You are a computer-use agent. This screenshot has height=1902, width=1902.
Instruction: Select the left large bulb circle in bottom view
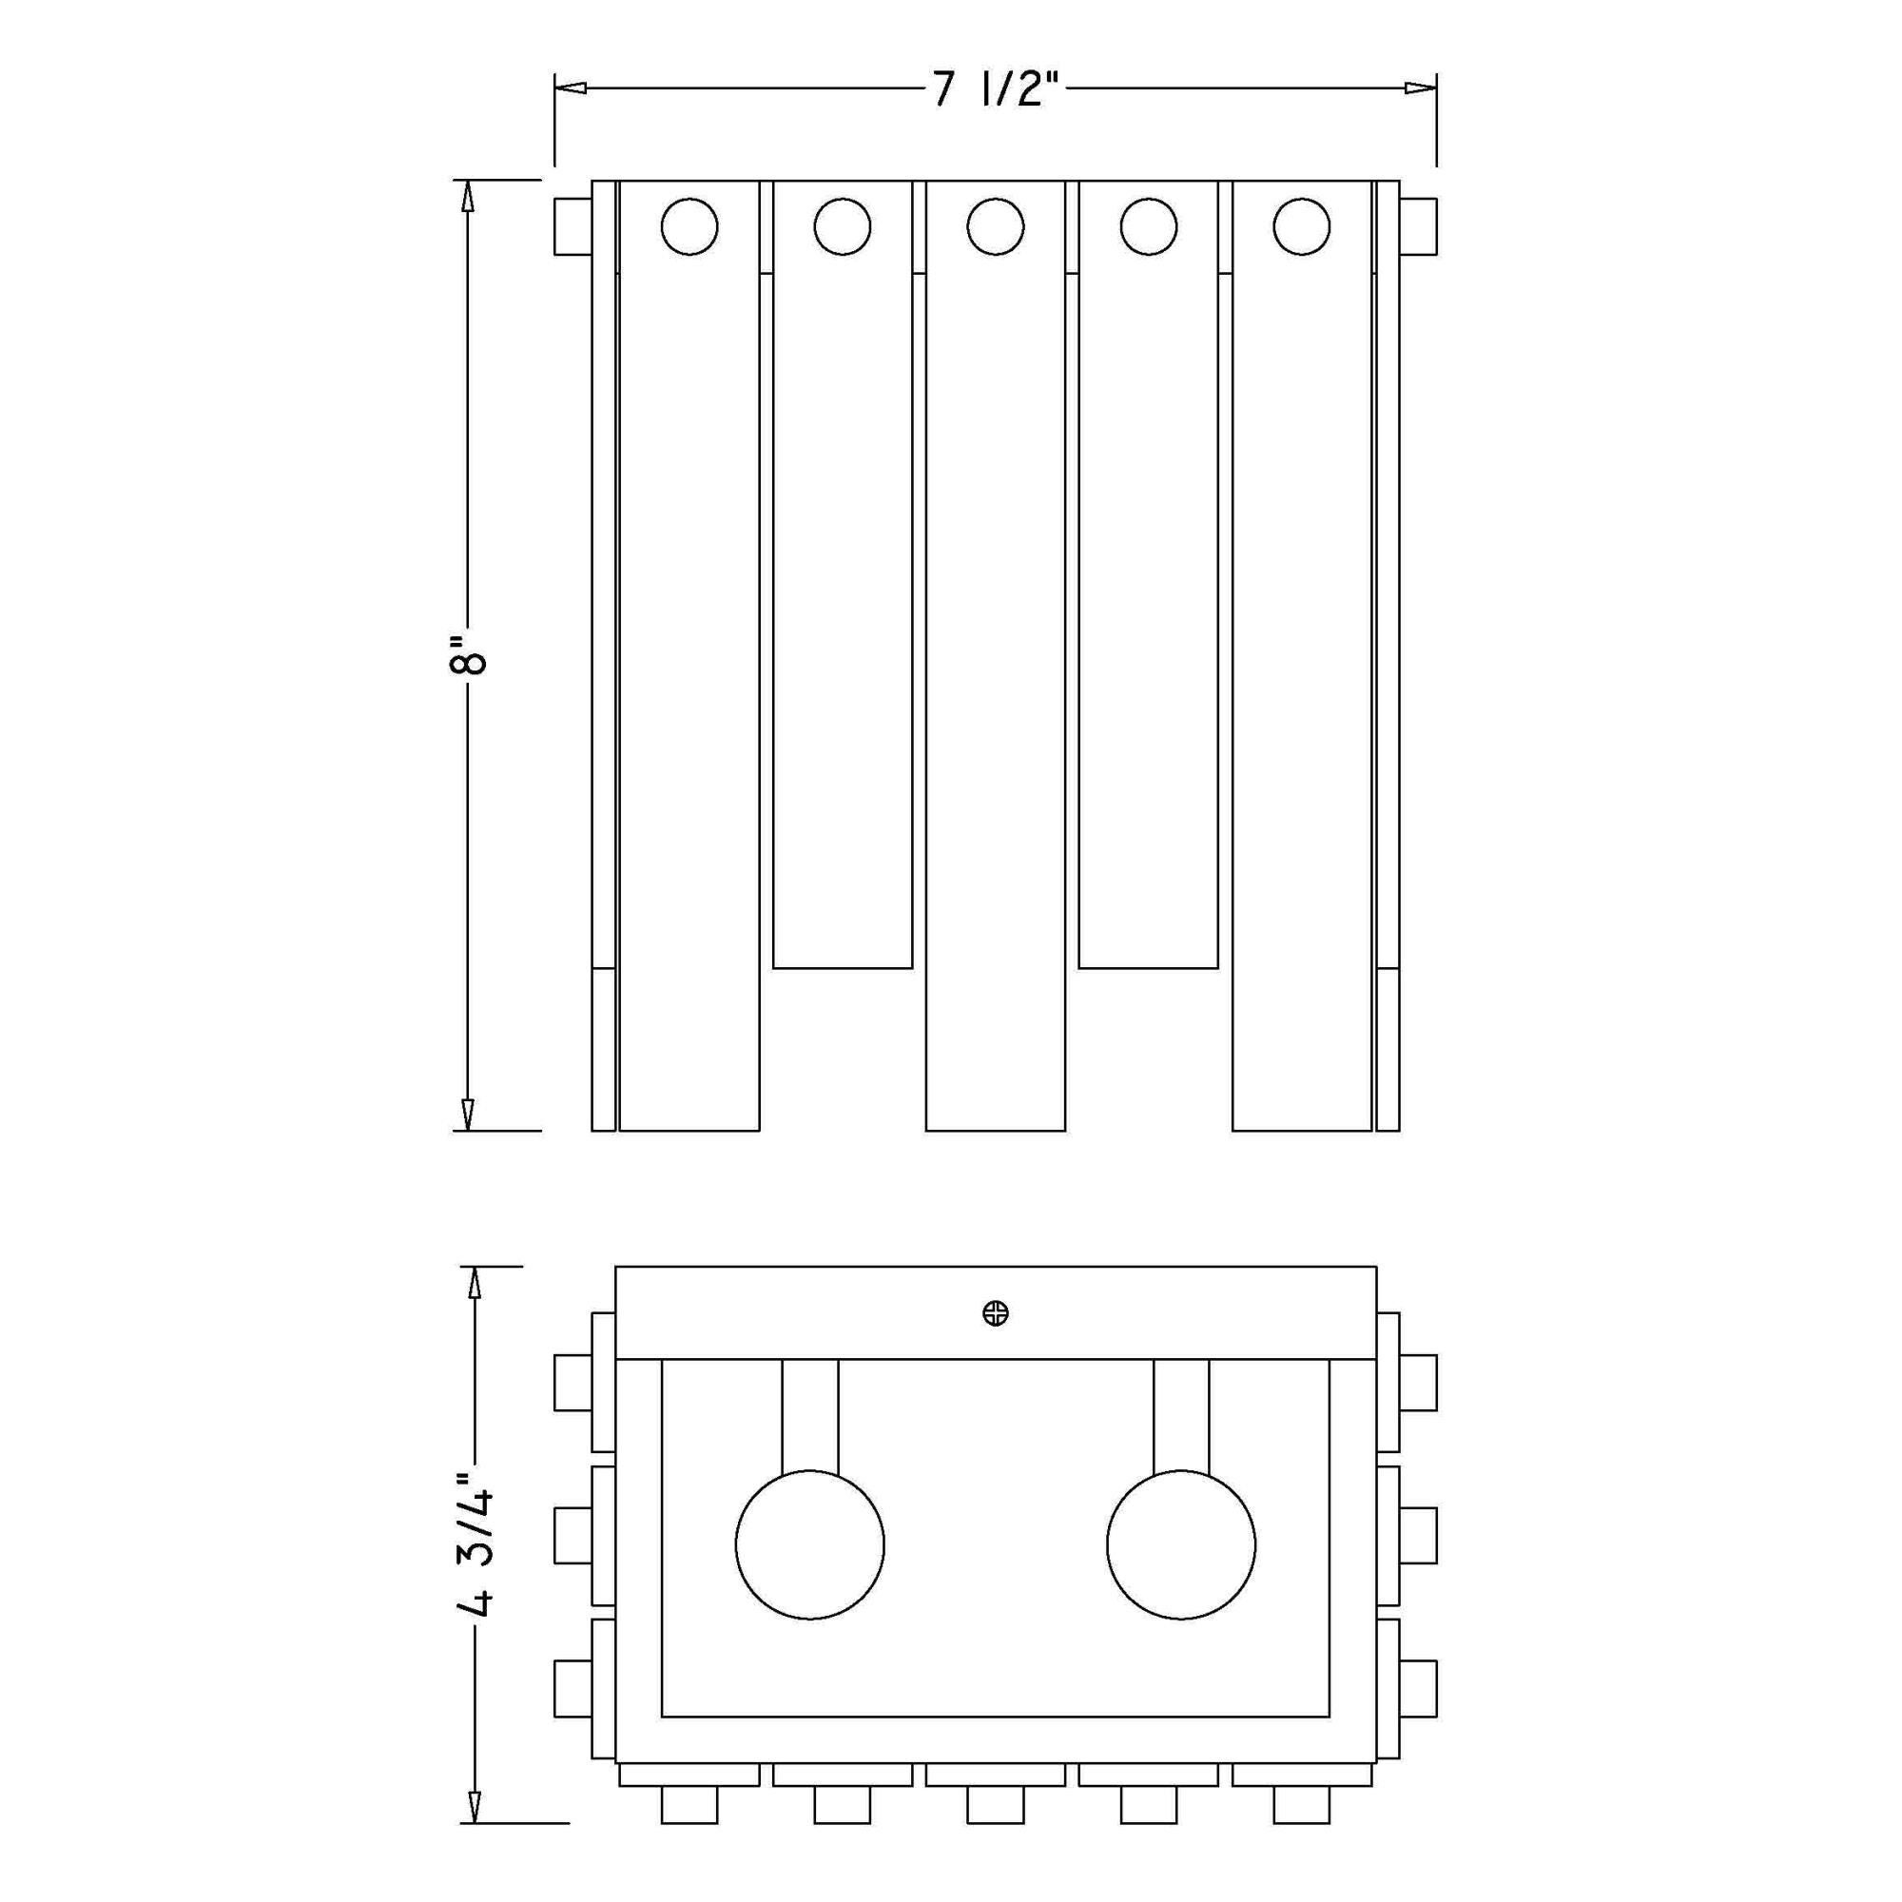(809, 1544)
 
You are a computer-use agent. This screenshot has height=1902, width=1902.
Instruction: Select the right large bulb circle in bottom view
(1180, 1544)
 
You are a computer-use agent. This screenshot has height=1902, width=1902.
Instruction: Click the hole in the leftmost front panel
(689, 226)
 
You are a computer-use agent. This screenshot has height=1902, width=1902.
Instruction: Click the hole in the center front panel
(996, 226)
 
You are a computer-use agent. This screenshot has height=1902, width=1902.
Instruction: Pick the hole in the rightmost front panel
(1302, 226)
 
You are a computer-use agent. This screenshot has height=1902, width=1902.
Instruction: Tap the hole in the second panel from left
(842, 226)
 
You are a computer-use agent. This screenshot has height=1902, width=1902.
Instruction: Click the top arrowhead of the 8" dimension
(469, 196)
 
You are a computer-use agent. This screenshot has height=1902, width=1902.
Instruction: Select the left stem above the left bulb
(809, 1418)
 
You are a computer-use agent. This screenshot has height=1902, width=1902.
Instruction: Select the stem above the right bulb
(1180, 1418)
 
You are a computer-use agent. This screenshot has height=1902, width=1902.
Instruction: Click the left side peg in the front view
(572, 227)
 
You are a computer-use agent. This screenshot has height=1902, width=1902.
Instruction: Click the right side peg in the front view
(1419, 227)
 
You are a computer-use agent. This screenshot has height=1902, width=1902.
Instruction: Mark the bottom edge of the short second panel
(842, 968)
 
